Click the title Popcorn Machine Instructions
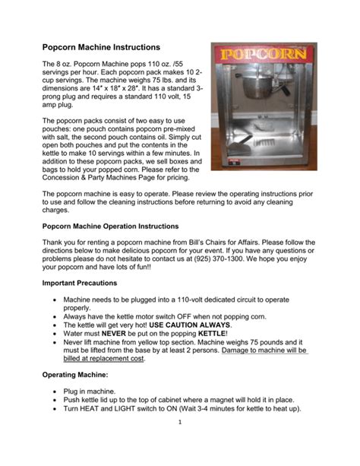(100, 47)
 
